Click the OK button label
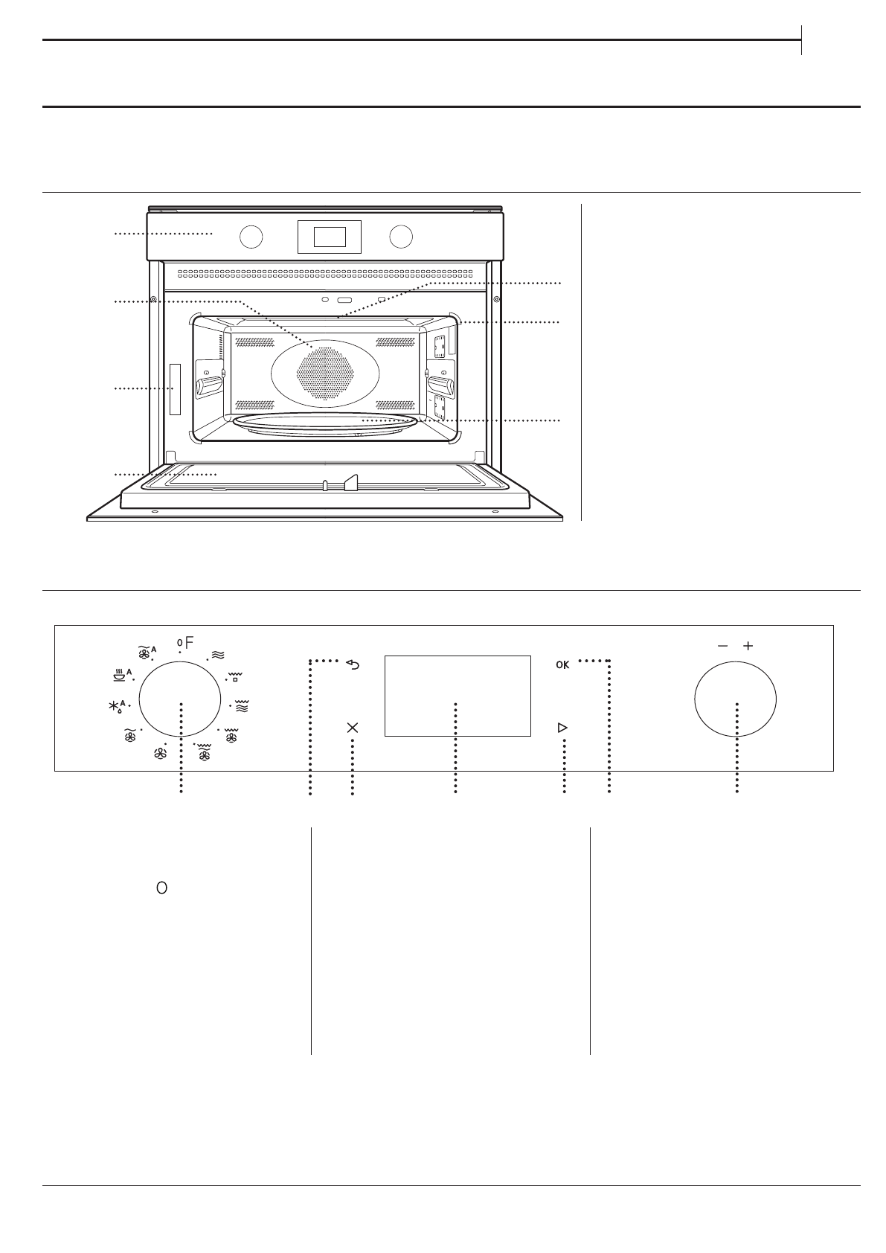coord(562,665)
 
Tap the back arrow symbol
coord(353,664)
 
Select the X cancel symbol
coord(353,728)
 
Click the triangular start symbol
coord(562,727)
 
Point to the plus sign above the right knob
coord(748,646)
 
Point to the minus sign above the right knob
coord(722,646)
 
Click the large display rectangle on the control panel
coord(457,696)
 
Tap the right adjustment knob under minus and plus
coord(735,699)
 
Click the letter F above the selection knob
coord(189,643)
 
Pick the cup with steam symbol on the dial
coord(118,676)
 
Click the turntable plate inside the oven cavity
coord(324,423)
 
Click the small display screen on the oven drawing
coord(330,237)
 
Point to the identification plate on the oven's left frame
coord(175,389)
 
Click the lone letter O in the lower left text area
coord(161,888)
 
